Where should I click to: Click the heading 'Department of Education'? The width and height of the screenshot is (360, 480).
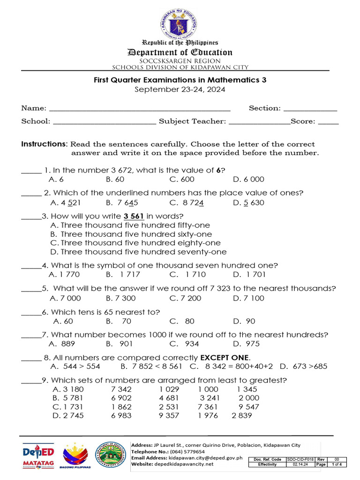(180, 52)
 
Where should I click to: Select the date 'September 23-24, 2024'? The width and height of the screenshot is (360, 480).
(180, 89)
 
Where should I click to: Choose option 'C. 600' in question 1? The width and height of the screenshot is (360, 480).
(182, 179)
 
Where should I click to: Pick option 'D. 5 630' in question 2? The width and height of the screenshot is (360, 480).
(248, 202)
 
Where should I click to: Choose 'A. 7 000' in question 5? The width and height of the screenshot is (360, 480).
(65, 298)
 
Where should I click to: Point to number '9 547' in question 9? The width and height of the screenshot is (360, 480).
(248, 407)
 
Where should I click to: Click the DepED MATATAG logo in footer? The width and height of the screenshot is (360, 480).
(38, 455)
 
